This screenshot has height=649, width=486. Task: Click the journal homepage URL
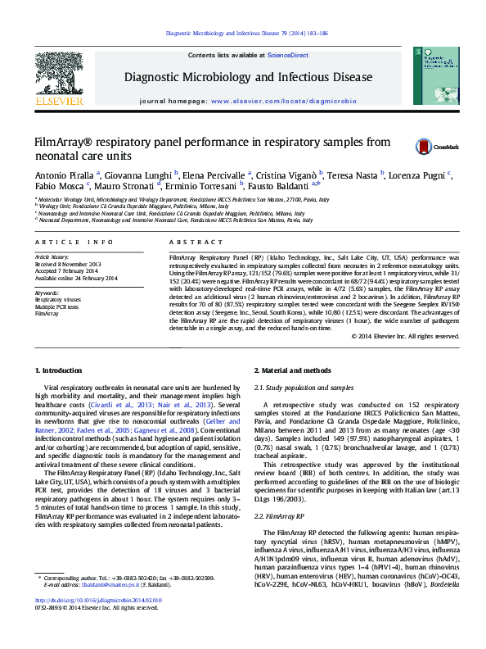[283, 101]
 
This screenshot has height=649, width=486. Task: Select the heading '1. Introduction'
[62, 371]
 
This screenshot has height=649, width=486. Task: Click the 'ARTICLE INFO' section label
[74, 243]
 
